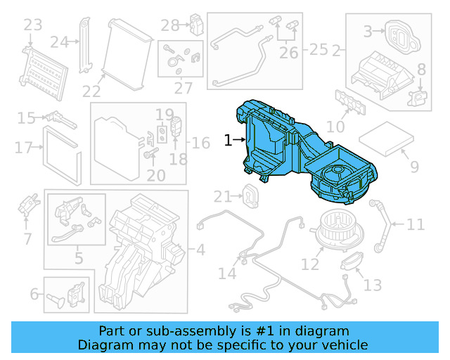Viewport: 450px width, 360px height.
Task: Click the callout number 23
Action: coord(33,26)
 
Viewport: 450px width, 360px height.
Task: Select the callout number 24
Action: coord(59,42)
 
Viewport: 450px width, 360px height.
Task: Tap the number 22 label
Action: coord(91,91)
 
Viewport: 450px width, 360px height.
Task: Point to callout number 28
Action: coord(169,26)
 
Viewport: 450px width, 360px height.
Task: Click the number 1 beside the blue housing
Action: coord(228,141)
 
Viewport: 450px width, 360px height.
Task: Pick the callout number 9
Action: coord(414,167)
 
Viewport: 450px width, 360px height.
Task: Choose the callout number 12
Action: coord(310,264)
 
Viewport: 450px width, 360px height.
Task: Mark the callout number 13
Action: coord(373,285)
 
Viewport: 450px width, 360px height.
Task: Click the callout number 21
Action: coord(223,195)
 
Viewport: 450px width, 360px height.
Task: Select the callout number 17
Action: coord(24,148)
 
